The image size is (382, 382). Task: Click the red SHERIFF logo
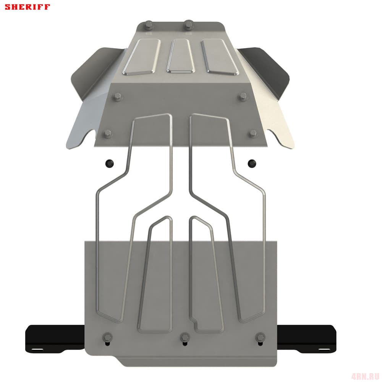click(x=27, y=7)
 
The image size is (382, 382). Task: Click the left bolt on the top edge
click(x=148, y=25)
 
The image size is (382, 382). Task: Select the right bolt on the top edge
click(x=188, y=24)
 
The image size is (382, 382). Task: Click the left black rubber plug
click(x=110, y=163)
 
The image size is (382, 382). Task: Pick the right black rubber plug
click(x=252, y=163)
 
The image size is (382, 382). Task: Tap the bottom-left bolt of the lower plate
click(x=107, y=337)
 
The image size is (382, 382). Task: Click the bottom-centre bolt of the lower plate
click(x=185, y=337)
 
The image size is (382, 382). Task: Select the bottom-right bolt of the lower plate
click(x=261, y=337)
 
